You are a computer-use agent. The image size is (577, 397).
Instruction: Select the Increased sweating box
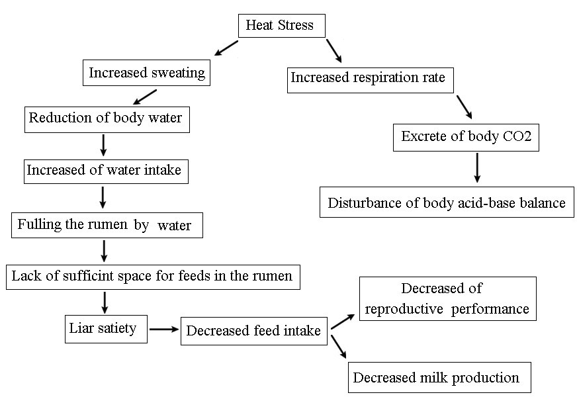(x=147, y=72)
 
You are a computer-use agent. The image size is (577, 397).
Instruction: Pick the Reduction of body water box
(x=105, y=119)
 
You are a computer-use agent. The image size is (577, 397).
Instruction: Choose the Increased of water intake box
(x=104, y=170)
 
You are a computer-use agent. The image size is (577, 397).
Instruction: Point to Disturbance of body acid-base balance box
(x=447, y=202)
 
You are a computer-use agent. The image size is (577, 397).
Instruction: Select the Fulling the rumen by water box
(x=107, y=225)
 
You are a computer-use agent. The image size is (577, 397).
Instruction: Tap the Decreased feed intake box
(x=253, y=330)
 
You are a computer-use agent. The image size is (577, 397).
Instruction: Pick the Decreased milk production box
(x=439, y=377)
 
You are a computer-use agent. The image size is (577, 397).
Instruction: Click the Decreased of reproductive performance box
(x=447, y=299)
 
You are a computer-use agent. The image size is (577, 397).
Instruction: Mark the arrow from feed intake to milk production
(x=338, y=347)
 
